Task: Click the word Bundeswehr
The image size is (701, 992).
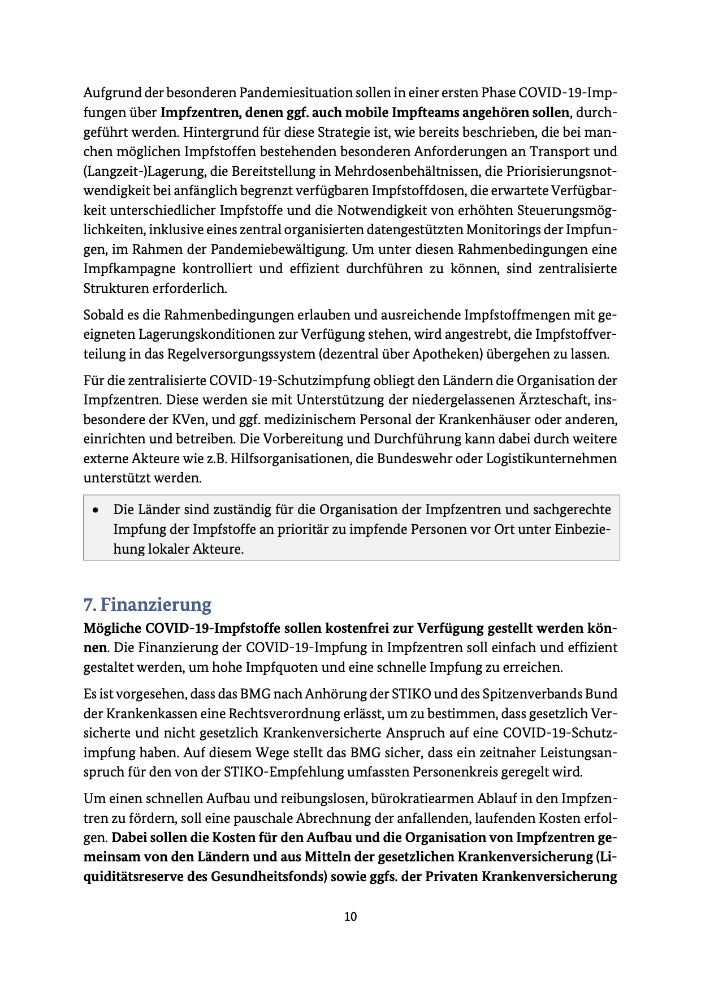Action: pos(414,459)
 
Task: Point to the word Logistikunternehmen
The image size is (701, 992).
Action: pos(551,459)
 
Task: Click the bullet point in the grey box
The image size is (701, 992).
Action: pos(97,510)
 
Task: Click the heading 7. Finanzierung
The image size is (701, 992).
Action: pos(147,605)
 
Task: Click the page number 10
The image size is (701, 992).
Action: pos(350,917)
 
